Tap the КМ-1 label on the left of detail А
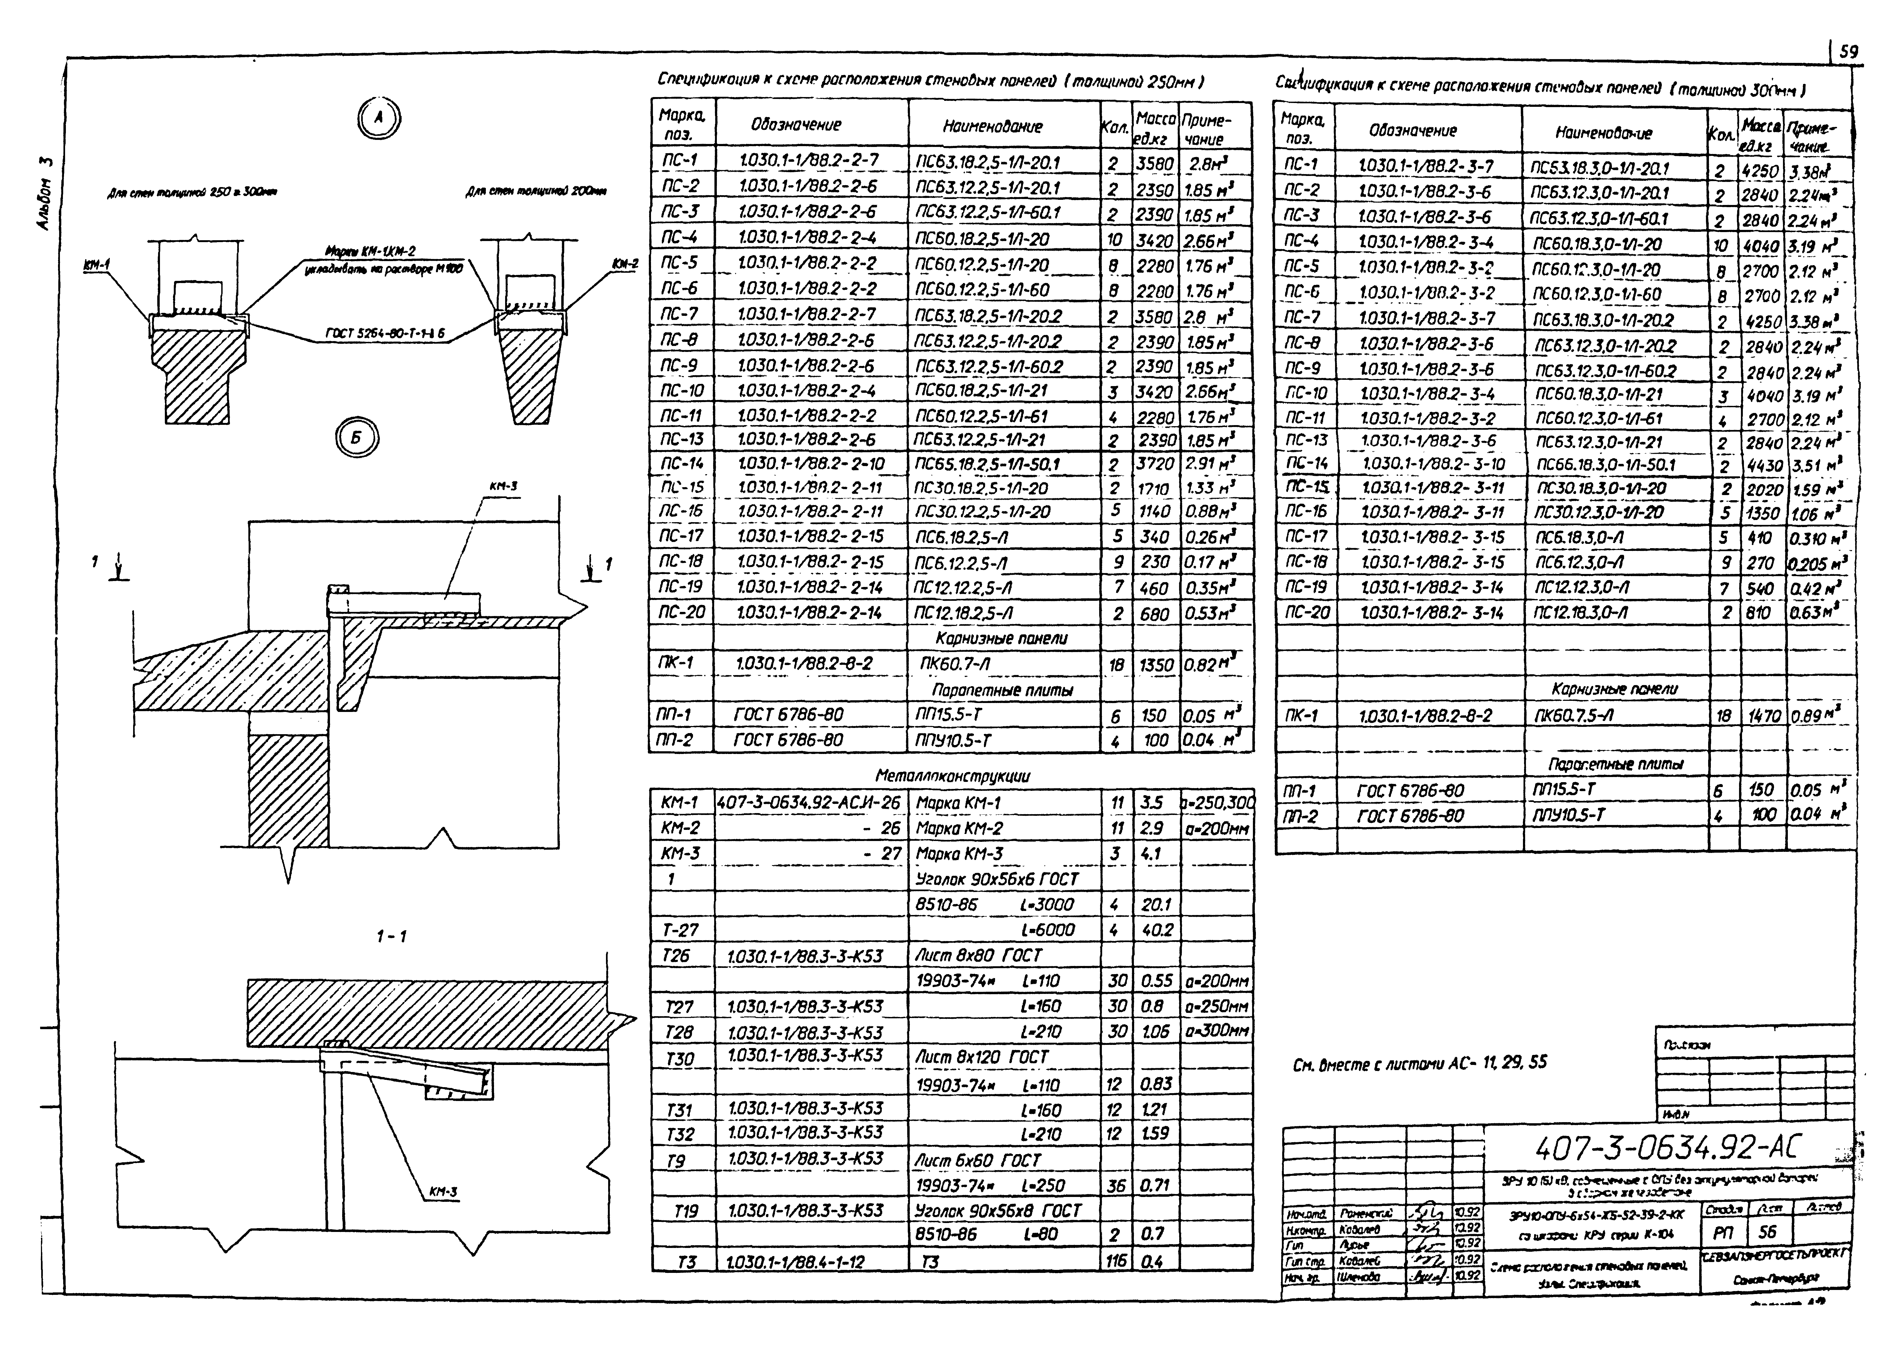98,265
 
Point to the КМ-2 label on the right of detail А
626,264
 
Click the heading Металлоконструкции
953,776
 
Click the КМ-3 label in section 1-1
443,1192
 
